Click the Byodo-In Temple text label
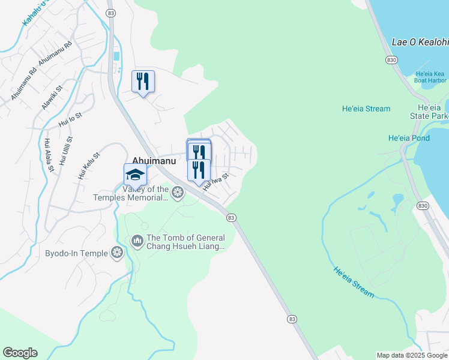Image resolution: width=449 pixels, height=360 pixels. (77, 253)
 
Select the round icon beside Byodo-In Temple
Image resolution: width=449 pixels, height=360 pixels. (117, 253)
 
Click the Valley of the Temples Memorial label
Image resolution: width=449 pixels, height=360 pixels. (131, 193)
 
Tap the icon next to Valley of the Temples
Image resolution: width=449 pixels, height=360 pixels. (177, 193)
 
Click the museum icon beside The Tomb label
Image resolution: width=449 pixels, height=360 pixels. (137, 241)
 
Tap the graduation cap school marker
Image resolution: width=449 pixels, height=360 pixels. (135, 175)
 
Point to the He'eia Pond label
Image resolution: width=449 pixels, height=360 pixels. (409, 138)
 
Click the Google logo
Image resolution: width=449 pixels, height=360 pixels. (20, 353)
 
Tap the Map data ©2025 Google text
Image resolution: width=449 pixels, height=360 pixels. (411, 355)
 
